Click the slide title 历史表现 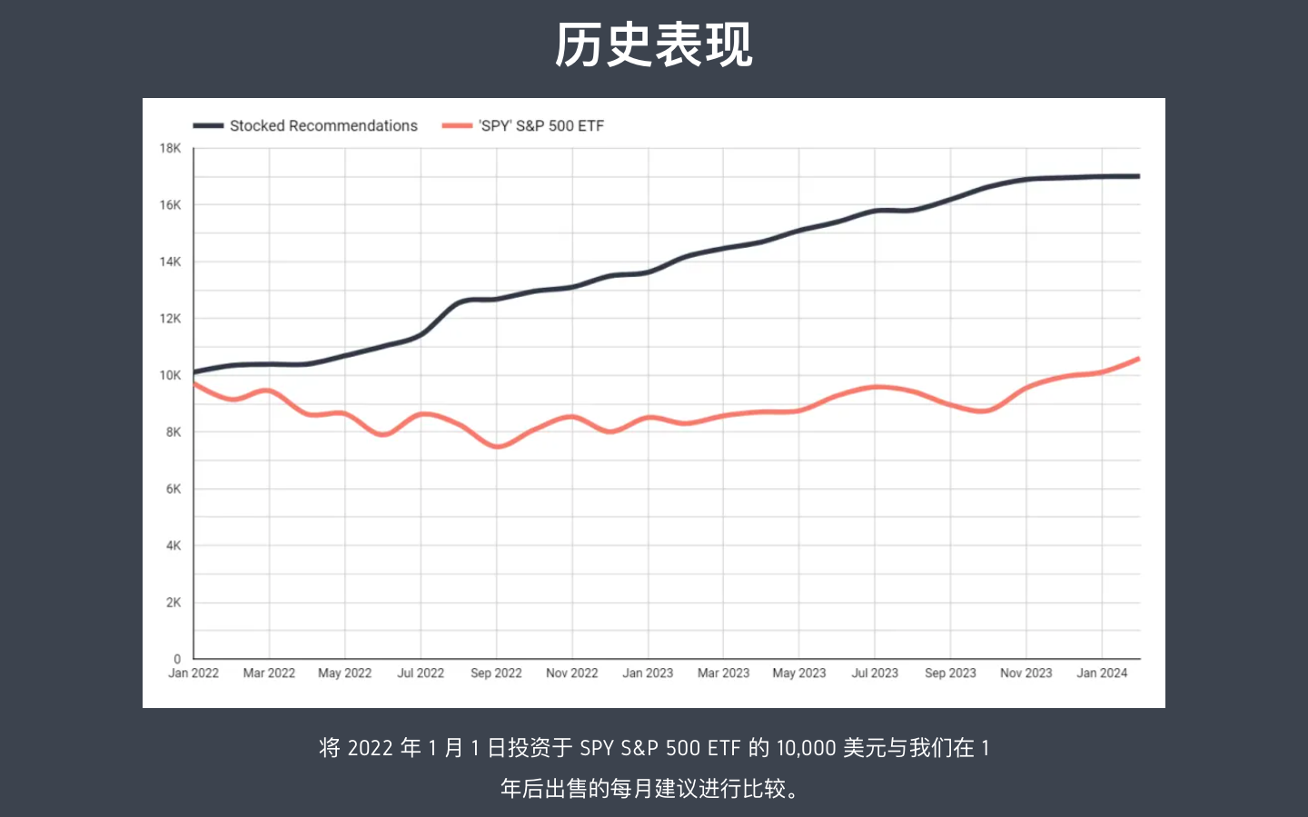[x=654, y=45]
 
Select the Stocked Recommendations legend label [x=323, y=126]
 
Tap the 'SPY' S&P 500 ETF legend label [x=540, y=126]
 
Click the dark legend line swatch [x=208, y=126]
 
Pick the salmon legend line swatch [x=457, y=126]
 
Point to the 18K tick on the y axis [x=170, y=148]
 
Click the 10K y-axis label [x=170, y=375]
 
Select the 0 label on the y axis [x=177, y=659]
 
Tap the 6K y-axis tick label [x=173, y=488]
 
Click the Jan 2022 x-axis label [x=193, y=674]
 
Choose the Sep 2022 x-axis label [x=496, y=674]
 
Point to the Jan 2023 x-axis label [x=648, y=674]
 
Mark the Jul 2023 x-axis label [x=875, y=674]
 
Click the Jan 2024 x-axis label [x=1102, y=674]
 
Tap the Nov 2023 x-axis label [x=1026, y=674]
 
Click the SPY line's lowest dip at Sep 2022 [x=498, y=447]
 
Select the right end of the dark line [x=1138, y=176]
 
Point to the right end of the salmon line [x=1138, y=359]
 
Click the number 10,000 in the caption [x=806, y=748]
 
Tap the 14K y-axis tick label [x=170, y=261]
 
